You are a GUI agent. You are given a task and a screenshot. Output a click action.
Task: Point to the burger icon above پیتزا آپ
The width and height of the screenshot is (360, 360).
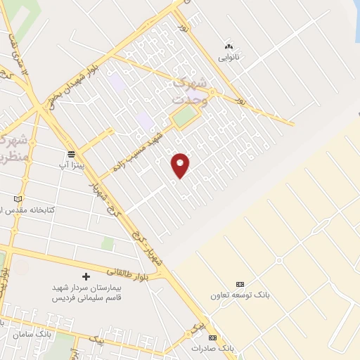pos(70,154)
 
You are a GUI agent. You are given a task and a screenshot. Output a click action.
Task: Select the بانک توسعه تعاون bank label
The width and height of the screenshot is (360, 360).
pos(240,295)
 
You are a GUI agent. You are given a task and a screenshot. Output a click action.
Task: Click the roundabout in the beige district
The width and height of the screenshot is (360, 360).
pos(279,261)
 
